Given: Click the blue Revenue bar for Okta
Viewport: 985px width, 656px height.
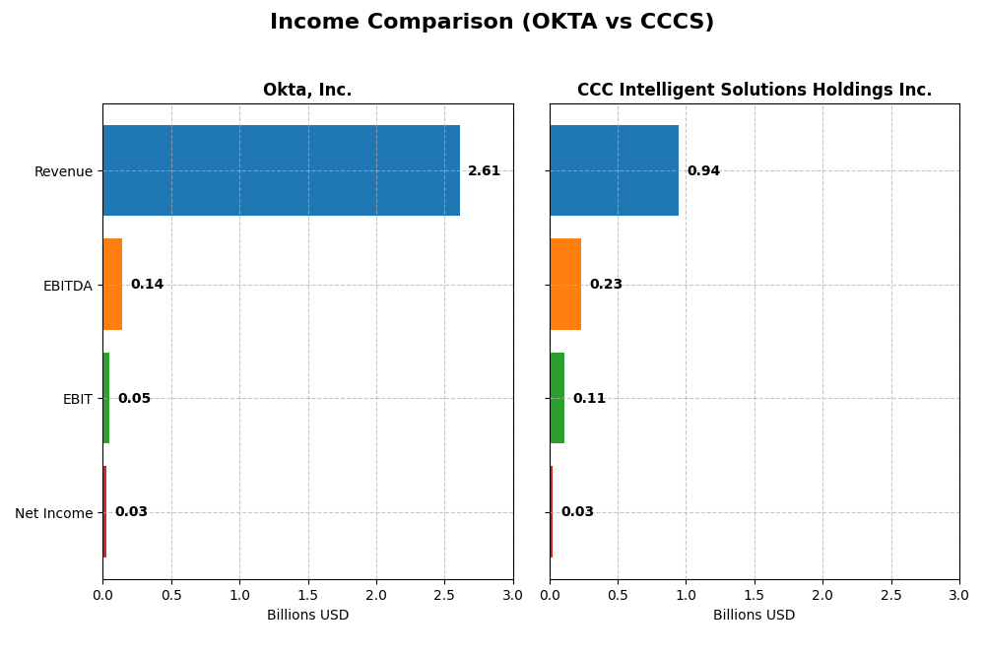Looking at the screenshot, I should click(x=281, y=170).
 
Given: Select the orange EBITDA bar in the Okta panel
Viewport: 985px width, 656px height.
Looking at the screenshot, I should click(x=112, y=285).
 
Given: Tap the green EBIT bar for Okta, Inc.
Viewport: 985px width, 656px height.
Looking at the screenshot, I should click(x=106, y=398).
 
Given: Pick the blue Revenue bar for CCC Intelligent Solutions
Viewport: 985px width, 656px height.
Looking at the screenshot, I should click(x=614, y=170).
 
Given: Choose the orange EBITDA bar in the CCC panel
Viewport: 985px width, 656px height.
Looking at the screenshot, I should click(x=565, y=285).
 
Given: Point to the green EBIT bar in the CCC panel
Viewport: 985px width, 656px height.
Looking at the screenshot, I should click(x=558, y=398).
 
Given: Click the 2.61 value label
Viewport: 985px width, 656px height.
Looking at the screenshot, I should click(x=484, y=171).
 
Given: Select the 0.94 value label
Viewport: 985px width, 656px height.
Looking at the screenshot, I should click(x=703, y=171).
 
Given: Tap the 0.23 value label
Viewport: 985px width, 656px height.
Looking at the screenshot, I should click(x=606, y=285).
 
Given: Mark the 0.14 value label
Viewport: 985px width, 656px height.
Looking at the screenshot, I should click(x=147, y=285).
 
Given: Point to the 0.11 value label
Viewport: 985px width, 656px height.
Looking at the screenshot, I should click(x=589, y=399).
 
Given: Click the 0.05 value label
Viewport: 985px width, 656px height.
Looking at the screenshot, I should click(x=134, y=399).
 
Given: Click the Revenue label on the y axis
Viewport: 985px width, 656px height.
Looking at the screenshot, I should click(x=63, y=172).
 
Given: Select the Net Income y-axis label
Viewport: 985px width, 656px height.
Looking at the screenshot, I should click(x=53, y=513).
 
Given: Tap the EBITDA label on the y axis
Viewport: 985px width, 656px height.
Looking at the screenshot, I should click(x=67, y=286).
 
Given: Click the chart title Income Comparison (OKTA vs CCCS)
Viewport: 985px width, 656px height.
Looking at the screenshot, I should click(x=492, y=22).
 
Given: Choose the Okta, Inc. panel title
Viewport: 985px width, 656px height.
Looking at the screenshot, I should click(x=307, y=91).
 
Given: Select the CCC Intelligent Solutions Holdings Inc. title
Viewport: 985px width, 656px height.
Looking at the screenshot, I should click(x=755, y=91).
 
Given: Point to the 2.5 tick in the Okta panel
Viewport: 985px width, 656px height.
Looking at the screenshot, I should click(x=444, y=596).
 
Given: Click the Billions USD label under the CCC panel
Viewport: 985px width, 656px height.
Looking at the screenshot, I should click(x=755, y=616).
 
